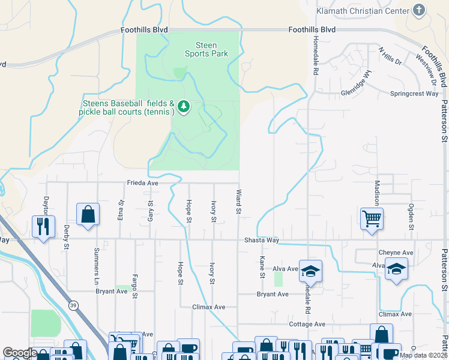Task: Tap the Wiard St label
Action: (x=238, y=202)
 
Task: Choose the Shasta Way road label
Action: (x=261, y=240)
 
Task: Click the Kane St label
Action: (x=262, y=267)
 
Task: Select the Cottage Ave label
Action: (x=307, y=324)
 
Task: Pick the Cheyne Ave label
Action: (x=396, y=253)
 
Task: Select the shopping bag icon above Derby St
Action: (x=88, y=214)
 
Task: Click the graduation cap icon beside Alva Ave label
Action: (x=310, y=271)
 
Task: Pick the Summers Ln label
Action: (x=96, y=257)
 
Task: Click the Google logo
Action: (x=20, y=353)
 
